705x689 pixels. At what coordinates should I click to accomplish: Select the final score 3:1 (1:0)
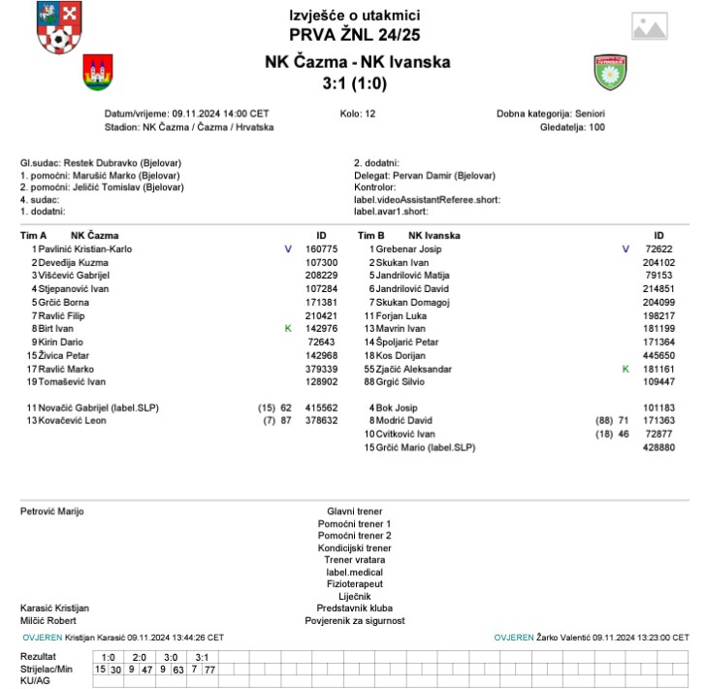[354, 83]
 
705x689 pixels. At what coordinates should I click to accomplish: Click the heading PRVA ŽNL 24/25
[354, 39]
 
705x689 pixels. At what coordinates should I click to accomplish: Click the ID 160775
[321, 249]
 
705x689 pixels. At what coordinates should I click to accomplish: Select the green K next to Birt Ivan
[288, 329]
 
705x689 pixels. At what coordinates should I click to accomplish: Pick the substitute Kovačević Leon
[73, 421]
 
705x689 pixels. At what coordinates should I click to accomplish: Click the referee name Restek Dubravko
[101, 163]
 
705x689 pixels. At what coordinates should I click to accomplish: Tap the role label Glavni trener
[353, 510]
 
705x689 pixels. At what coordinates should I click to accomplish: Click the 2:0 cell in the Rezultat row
[140, 657]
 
